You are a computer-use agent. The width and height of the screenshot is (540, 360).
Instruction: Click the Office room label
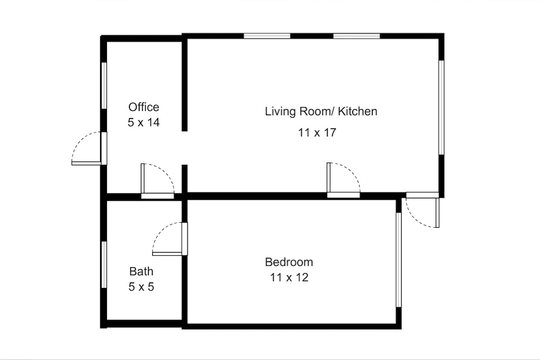[x=144, y=107]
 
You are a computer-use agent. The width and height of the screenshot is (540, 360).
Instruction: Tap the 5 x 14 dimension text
[x=144, y=122]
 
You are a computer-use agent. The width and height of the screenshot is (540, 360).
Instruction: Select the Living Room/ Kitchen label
[x=321, y=111]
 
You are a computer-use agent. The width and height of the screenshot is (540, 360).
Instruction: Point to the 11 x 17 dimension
[x=317, y=132]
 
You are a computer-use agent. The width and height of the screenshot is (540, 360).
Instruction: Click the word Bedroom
[x=289, y=262]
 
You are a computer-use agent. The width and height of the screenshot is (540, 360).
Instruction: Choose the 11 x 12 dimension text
[x=289, y=277]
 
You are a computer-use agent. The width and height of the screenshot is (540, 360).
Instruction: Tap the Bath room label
[x=141, y=271]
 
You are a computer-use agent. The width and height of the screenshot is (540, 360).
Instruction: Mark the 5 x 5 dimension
[x=141, y=287]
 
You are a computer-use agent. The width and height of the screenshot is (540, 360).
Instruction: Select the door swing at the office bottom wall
[x=158, y=181]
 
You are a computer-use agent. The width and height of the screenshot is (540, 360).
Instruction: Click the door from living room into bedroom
[x=343, y=180]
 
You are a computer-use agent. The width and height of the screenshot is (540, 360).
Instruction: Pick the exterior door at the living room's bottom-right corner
[x=422, y=210]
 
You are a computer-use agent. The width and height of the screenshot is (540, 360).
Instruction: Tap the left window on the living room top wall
[x=267, y=36]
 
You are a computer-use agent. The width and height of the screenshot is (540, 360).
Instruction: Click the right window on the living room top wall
[x=356, y=36]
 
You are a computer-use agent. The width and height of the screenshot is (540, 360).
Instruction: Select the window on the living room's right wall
[x=441, y=107]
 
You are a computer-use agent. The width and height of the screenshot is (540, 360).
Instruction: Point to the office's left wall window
[x=104, y=85]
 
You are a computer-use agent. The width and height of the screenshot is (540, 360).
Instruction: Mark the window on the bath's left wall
[x=104, y=264]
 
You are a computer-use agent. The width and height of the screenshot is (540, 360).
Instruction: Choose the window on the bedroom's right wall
[x=399, y=260]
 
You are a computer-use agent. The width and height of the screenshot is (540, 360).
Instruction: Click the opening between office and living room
[x=185, y=148]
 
